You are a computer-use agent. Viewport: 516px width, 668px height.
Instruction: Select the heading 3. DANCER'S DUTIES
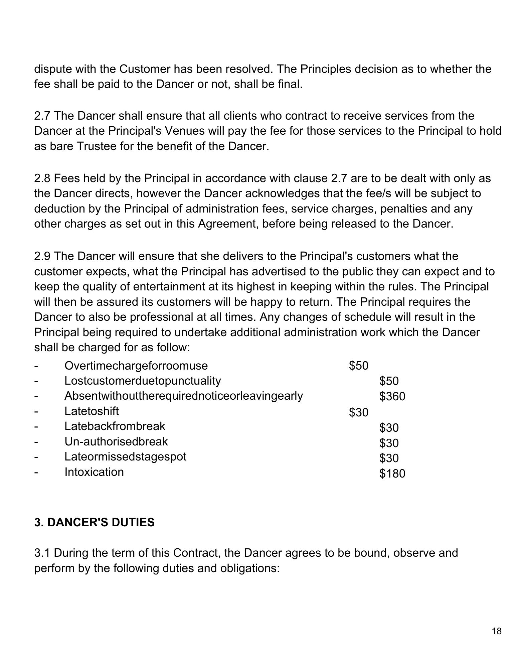(x=95, y=522)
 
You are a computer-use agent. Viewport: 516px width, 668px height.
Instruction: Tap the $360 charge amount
(x=392, y=397)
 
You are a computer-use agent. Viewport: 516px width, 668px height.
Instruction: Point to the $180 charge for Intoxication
(x=392, y=474)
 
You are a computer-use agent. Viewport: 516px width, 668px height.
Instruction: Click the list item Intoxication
(x=94, y=472)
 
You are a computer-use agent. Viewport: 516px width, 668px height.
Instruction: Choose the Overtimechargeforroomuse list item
(x=136, y=366)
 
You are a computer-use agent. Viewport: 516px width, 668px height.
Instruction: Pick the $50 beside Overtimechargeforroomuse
(x=358, y=366)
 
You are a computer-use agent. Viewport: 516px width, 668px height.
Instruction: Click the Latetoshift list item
(x=92, y=411)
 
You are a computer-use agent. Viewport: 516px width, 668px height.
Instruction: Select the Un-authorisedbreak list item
(x=116, y=441)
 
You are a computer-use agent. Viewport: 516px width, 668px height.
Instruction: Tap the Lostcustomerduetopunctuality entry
(x=143, y=381)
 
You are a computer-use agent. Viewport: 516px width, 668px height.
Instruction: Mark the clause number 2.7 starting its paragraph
(x=42, y=116)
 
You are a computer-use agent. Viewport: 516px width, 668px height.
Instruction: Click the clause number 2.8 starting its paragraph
(x=42, y=178)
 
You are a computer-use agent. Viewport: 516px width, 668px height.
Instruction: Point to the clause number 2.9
(x=42, y=256)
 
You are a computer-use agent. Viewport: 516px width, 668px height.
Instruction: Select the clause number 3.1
(x=42, y=553)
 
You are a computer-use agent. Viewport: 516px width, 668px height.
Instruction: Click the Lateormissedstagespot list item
(x=125, y=456)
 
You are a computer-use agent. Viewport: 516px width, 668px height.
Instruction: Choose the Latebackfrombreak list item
(x=115, y=426)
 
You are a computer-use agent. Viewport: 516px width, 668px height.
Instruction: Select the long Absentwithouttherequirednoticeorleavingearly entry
(x=184, y=396)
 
